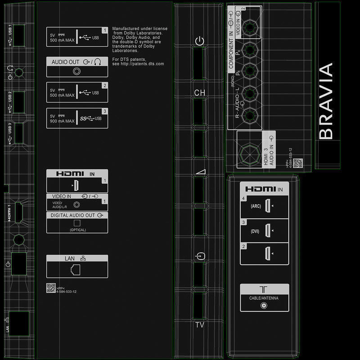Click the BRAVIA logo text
coord(326,101)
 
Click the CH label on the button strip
coord(200,93)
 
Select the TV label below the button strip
coord(200,324)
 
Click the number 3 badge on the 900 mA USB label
coord(105,111)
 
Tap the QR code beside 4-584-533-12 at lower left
coord(51,288)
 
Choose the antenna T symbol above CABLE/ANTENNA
coord(264,290)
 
